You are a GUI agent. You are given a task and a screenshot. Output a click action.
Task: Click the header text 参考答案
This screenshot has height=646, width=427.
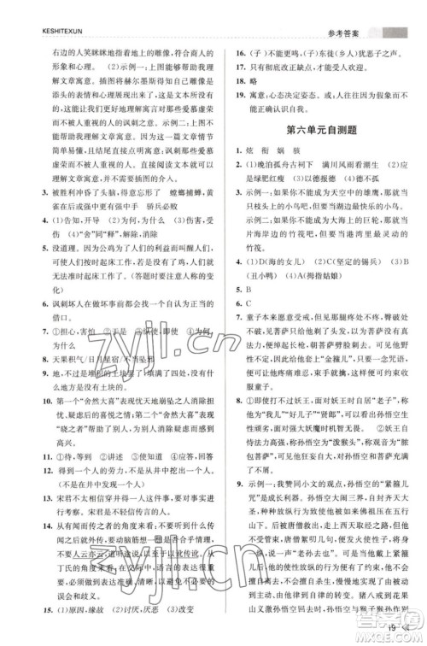pyautogui.click(x=353, y=11)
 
